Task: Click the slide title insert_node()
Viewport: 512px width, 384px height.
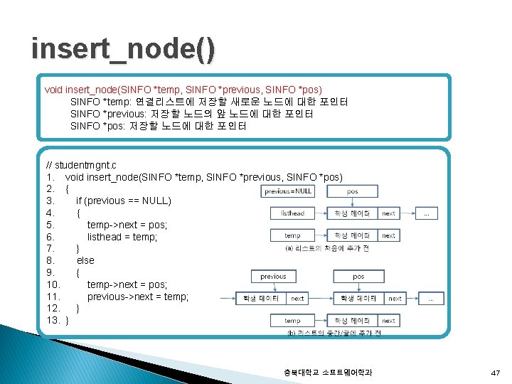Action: pos(122,50)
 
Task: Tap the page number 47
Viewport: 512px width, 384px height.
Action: pos(495,373)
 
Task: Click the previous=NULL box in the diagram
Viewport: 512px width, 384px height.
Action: pos(288,191)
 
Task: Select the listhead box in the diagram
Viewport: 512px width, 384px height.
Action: pos(292,213)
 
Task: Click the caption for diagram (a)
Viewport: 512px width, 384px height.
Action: pos(326,248)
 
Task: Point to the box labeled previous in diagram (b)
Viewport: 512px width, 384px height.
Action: pos(273,277)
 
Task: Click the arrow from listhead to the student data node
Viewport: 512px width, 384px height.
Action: pos(320,213)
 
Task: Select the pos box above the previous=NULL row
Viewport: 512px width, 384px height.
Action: pos(352,191)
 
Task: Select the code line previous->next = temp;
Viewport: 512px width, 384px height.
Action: pos(138,297)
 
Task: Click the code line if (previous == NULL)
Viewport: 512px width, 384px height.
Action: pos(123,201)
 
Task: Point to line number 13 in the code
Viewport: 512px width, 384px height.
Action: pos(52,321)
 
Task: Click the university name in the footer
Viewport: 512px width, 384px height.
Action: pos(326,373)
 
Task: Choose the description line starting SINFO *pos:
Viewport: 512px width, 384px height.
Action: pos(159,126)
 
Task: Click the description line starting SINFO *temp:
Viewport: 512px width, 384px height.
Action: pos(209,102)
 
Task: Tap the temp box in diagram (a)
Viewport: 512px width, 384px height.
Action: pos(292,235)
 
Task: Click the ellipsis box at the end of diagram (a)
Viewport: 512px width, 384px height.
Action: pos(426,213)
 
